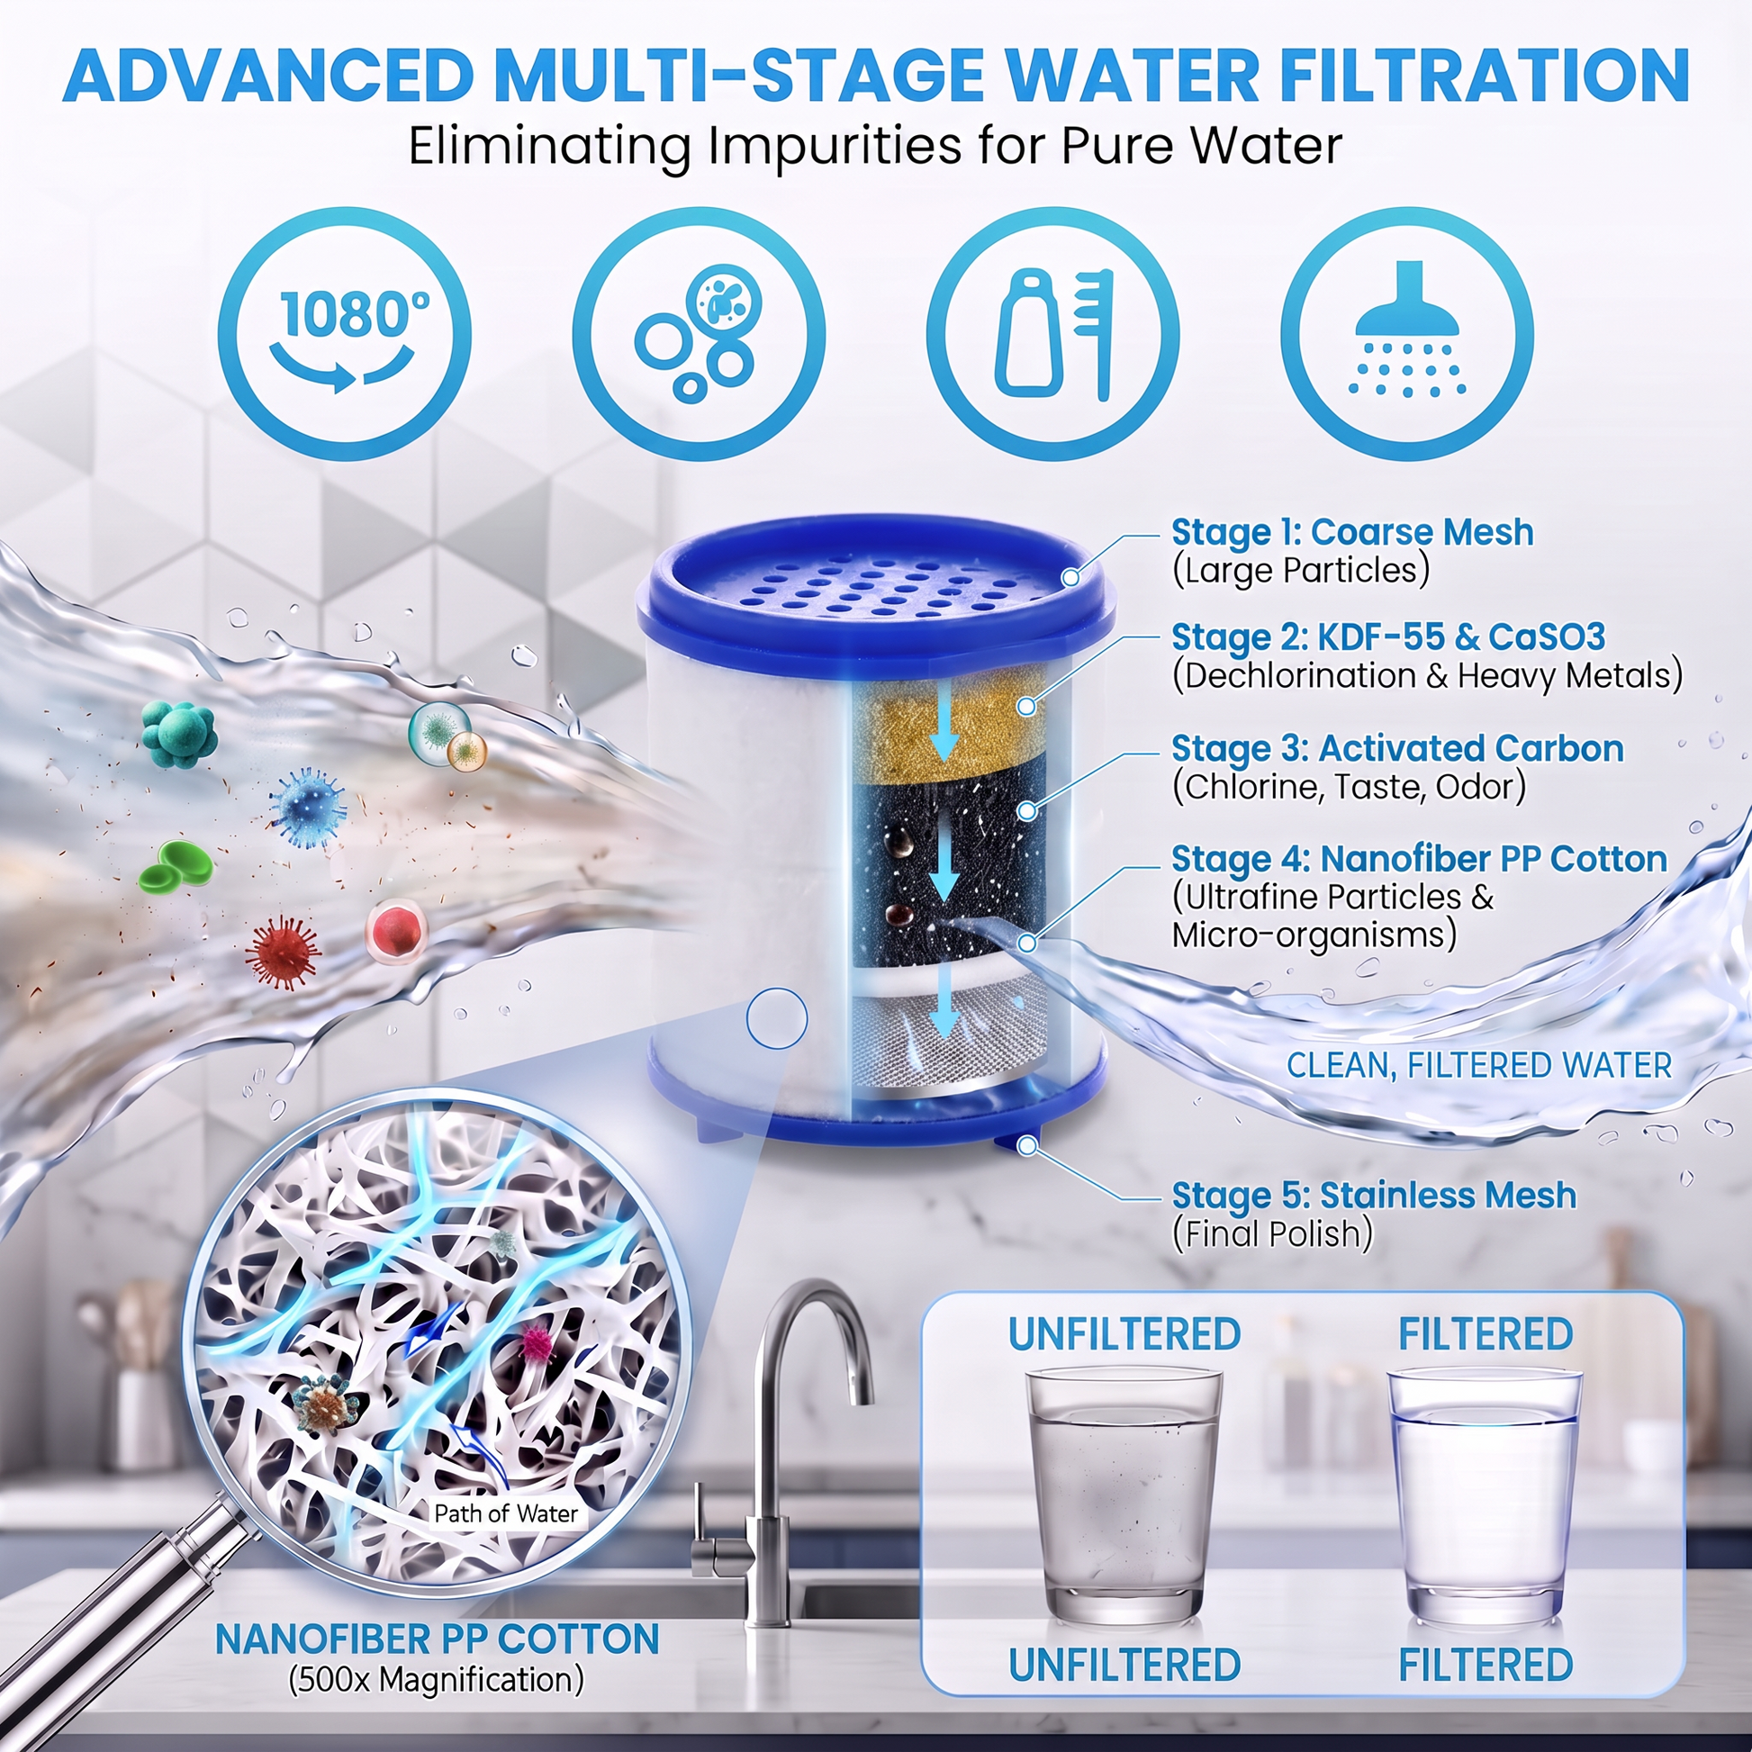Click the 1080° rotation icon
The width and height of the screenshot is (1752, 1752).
tap(344, 335)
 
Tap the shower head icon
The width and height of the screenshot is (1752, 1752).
tap(1406, 335)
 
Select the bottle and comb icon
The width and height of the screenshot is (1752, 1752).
tap(1052, 335)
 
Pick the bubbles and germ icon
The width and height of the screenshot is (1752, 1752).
tap(699, 335)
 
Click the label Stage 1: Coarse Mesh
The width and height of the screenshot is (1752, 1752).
tap(1352, 532)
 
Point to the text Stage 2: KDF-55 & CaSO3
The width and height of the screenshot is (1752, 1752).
tap(1388, 637)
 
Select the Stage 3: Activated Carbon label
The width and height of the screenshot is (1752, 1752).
tap(1397, 749)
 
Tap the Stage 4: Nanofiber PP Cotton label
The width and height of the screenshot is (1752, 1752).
tap(1419, 859)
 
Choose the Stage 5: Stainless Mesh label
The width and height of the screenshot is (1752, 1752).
tap(1374, 1196)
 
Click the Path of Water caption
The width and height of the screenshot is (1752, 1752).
tap(506, 1513)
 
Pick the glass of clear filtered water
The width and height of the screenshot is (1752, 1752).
tap(1485, 1497)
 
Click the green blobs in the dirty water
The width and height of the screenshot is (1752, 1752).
tap(176, 864)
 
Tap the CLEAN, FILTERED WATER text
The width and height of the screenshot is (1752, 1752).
tap(1479, 1066)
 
